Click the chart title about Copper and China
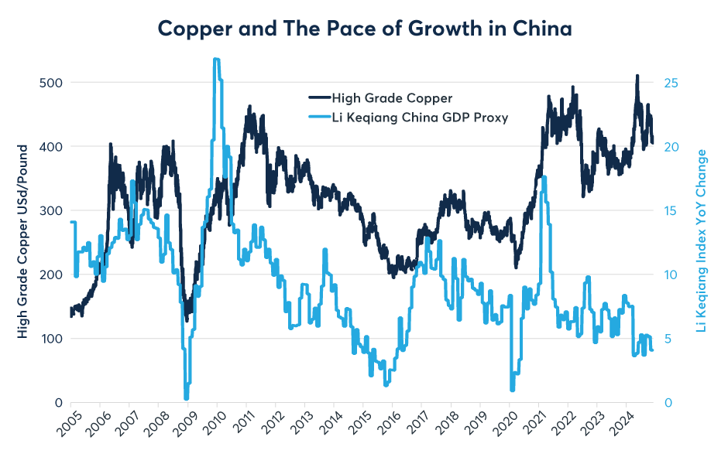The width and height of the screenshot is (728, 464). pyautogui.click(x=364, y=29)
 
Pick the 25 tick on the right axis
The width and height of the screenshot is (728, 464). pyautogui.click(x=672, y=83)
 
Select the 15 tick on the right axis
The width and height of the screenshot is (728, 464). pyautogui.click(x=672, y=210)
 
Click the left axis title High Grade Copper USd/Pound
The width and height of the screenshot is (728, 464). pyautogui.click(x=24, y=240)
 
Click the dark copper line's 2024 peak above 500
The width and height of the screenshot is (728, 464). pyautogui.click(x=637, y=76)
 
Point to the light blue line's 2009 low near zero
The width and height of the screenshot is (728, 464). pyautogui.click(x=187, y=398)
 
